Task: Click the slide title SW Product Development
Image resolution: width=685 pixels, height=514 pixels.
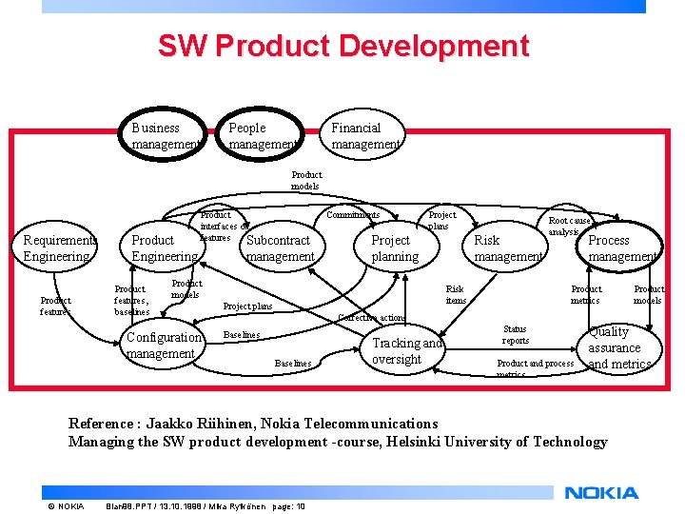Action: [x=342, y=46]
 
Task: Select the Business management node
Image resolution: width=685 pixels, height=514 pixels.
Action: [x=166, y=136]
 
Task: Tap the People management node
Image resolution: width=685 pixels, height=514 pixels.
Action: [x=262, y=136]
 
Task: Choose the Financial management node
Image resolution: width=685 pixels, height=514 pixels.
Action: [x=364, y=136]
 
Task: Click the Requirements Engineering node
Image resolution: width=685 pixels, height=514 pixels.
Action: [x=58, y=248]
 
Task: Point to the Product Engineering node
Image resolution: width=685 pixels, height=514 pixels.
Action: [x=164, y=248]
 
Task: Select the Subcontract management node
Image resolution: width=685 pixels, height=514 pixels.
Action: [x=280, y=248]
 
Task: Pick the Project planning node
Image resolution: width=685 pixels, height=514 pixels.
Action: [x=394, y=248]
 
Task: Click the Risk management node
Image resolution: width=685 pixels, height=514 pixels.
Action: [x=508, y=248]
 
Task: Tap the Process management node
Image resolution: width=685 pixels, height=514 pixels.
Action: [x=621, y=248]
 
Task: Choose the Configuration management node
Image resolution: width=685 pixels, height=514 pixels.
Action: [x=163, y=346]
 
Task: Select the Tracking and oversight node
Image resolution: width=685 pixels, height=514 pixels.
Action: [x=407, y=351]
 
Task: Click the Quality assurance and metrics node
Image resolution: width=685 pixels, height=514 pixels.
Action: [x=618, y=347]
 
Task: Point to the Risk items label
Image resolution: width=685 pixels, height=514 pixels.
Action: [x=456, y=294]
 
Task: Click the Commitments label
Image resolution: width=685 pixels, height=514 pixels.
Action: [x=352, y=215]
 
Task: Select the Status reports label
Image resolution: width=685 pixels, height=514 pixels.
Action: [x=515, y=335]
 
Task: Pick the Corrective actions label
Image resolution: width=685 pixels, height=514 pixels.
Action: [x=371, y=318]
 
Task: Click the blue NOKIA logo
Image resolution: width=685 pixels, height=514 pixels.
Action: [x=601, y=493]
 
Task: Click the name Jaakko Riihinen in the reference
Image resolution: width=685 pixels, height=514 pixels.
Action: [x=204, y=424]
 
